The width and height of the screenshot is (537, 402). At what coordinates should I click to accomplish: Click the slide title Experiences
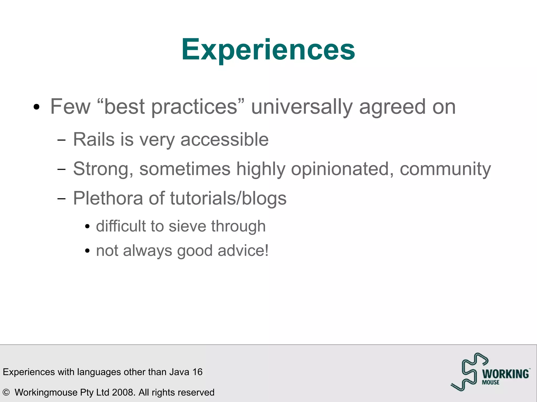click(x=268, y=49)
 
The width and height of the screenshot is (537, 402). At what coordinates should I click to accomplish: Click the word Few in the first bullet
click(x=70, y=107)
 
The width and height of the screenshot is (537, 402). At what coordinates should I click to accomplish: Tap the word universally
click(x=302, y=107)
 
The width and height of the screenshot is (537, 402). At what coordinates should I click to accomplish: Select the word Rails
click(x=94, y=139)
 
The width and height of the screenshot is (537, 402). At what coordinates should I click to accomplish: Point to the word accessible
click(x=224, y=139)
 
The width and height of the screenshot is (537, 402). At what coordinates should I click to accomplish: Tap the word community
click(x=445, y=169)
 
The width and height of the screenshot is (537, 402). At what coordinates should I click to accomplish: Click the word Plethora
click(x=108, y=198)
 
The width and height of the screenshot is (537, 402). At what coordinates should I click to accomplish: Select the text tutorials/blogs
click(x=228, y=198)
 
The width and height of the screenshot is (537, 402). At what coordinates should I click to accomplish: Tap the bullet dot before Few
click(x=36, y=107)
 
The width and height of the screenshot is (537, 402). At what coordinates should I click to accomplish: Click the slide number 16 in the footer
click(x=197, y=372)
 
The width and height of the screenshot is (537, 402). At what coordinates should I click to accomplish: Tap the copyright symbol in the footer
click(x=6, y=392)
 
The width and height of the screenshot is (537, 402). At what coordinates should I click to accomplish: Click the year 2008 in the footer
click(x=123, y=392)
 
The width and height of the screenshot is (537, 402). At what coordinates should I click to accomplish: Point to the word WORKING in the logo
click(x=505, y=374)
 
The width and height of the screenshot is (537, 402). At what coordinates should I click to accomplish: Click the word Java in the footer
click(x=179, y=372)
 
